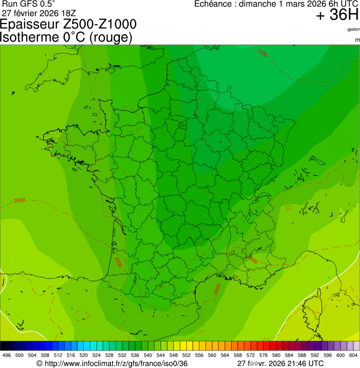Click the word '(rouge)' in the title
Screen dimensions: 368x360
coord(110,37)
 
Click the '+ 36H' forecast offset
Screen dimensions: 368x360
coord(337,15)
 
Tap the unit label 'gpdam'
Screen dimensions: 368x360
coord(353,29)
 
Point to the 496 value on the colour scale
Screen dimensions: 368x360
coord(7,356)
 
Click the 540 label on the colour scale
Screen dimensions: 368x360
coord(147,356)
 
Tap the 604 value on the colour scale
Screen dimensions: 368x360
coord(353,356)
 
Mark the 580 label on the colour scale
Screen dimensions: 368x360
coord(276,356)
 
